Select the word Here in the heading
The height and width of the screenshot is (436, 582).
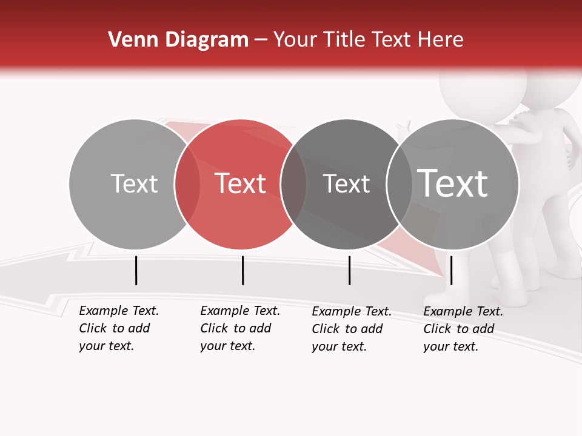click(x=441, y=40)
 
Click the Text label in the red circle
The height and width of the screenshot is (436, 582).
click(x=241, y=183)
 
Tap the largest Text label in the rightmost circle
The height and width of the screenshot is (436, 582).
click(x=453, y=183)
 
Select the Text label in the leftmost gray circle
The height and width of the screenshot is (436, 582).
click(x=134, y=183)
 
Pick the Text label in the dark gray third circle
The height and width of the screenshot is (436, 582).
click(x=346, y=183)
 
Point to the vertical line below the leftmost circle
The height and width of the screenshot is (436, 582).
click(x=136, y=270)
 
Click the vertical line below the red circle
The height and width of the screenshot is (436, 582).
click(x=242, y=270)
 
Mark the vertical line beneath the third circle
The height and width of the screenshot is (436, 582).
click(x=349, y=270)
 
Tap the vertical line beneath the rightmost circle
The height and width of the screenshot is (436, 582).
click(x=451, y=270)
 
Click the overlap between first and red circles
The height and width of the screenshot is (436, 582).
click(x=187, y=183)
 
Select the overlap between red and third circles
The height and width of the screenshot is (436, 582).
click(x=293, y=183)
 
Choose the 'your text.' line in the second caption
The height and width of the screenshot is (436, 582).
click(x=227, y=346)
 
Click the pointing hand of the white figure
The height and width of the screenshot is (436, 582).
click(x=403, y=128)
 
